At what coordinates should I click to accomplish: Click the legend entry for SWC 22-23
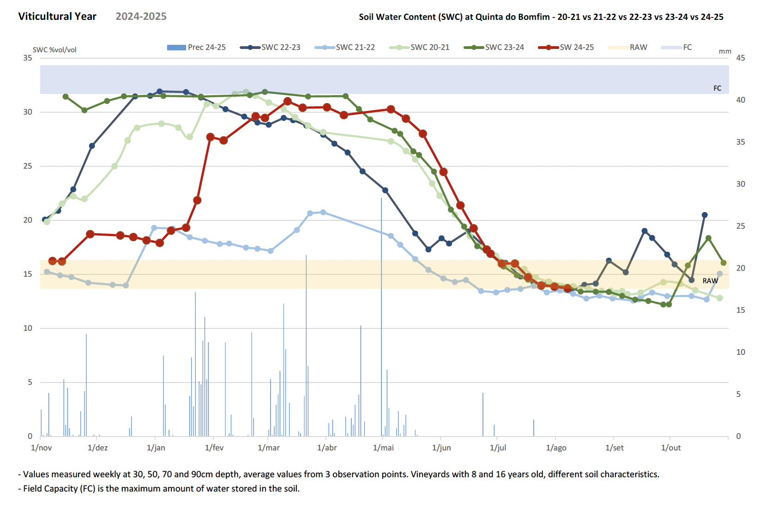pyautogui.click(x=280, y=47)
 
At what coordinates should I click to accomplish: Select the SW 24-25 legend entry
pyautogui.click(x=576, y=47)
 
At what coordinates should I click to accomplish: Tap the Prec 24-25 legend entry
pyautogui.click(x=206, y=47)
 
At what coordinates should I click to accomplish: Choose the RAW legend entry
pyautogui.click(x=638, y=47)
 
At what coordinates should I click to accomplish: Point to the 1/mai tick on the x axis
pyautogui.click(x=383, y=448)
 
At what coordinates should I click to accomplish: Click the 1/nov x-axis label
pyautogui.click(x=42, y=448)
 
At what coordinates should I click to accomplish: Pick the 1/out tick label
pyautogui.click(x=671, y=448)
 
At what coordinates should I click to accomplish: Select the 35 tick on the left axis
pyautogui.click(x=28, y=58)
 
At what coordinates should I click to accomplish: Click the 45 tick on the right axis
pyautogui.click(x=741, y=58)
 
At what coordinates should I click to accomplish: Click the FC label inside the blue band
pyautogui.click(x=717, y=88)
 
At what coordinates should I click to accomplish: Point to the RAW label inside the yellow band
pyautogui.click(x=710, y=281)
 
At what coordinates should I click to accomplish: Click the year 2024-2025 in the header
pyautogui.click(x=141, y=17)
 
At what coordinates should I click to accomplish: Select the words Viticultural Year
pyautogui.click(x=57, y=17)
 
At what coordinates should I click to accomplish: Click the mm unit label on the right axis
pyautogui.click(x=725, y=51)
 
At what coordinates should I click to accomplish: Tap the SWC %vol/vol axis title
pyautogui.click(x=54, y=50)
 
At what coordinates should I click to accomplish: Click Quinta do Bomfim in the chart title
pyautogui.click(x=513, y=17)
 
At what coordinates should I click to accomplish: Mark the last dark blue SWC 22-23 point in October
pyautogui.click(x=705, y=215)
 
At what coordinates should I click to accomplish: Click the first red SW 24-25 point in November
pyautogui.click(x=52, y=261)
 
